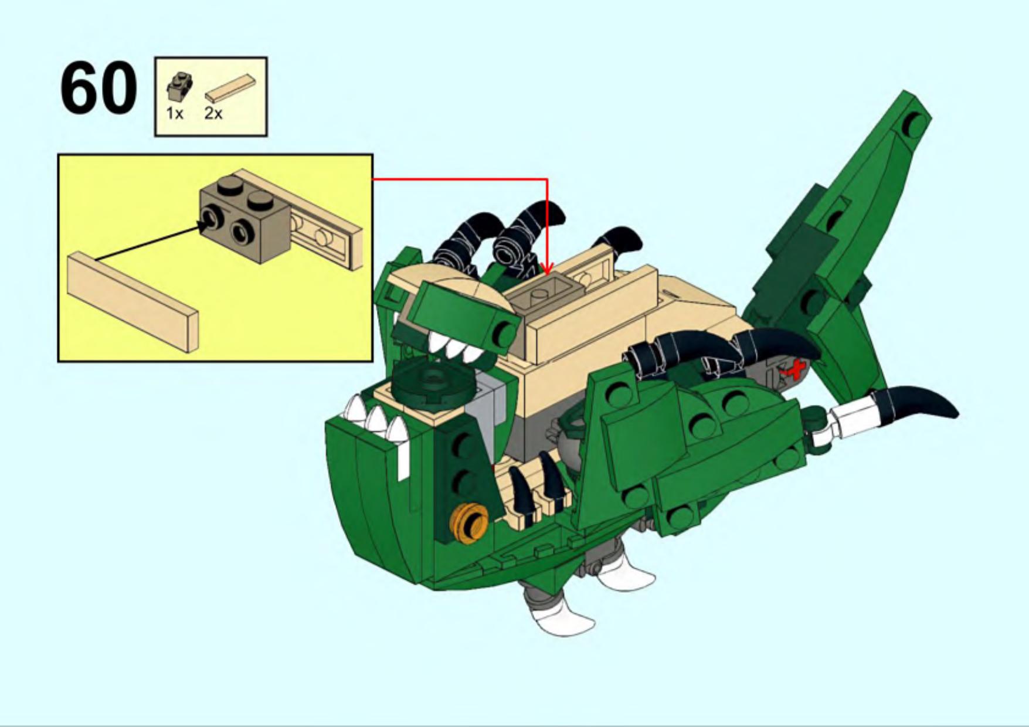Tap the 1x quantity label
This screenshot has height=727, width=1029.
point(175,113)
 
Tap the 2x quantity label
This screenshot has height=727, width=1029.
point(213,113)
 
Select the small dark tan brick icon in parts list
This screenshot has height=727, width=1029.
point(178,86)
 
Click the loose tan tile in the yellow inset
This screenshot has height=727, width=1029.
point(133,302)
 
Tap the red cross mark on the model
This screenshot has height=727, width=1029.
point(796,371)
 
